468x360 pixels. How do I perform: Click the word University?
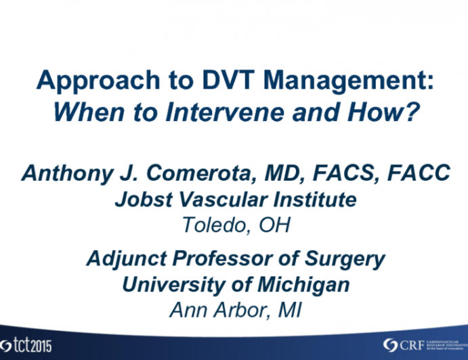pos(169,285)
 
